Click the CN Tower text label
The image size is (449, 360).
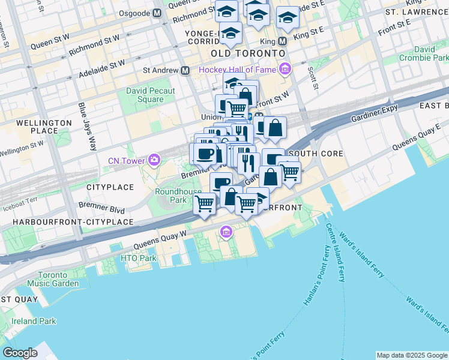pyautogui.click(x=127, y=161)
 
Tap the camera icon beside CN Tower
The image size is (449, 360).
pyautogui.click(x=155, y=160)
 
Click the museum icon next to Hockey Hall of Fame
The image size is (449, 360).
pyautogui.click(x=285, y=70)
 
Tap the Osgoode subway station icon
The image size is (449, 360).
pyautogui.click(x=157, y=13)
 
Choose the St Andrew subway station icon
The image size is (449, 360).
pyautogui.click(x=185, y=70)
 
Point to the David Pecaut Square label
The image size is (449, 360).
pyautogui.click(x=151, y=95)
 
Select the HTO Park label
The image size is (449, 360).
pyautogui.click(x=138, y=258)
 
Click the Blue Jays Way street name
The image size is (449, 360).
pyautogui.click(x=86, y=125)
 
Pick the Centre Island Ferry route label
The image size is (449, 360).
pyautogui.click(x=336, y=252)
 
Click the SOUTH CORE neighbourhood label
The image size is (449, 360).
pyautogui.click(x=316, y=154)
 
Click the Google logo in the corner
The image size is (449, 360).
pyautogui.click(x=20, y=353)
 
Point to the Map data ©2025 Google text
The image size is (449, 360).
pyautogui.click(x=411, y=355)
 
